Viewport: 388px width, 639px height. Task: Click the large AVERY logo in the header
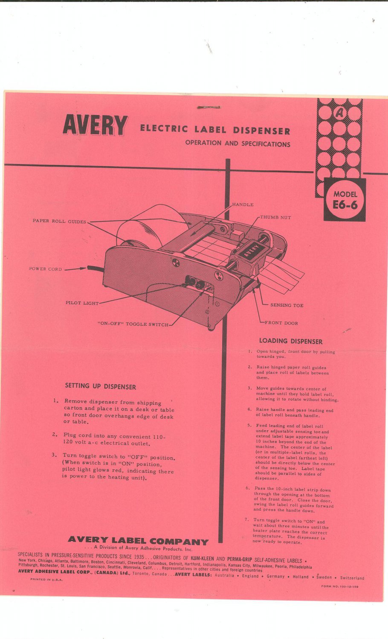pyautogui.click(x=95, y=125)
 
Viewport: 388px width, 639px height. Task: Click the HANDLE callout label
pyautogui.click(x=243, y=205)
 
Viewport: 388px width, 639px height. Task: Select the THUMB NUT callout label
pyautogui.click(x=275, y=218)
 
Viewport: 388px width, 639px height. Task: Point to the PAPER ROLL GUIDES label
pyautogui.click(x=59, y=222)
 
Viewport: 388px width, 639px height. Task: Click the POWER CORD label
pyautogui.click(x=46, y=269)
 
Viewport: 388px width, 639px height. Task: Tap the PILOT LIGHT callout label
pyautogui.click(x=82, y=303)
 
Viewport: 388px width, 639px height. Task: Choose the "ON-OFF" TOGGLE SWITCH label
pyautogui.click(x=133, y=325)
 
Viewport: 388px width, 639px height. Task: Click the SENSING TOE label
pyautogui.click(x=287, y=305)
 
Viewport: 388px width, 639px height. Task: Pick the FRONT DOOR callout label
pyautogui.click(x=281, y=323)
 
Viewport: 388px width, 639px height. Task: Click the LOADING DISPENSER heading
pyautogui.click(x=291, y=341)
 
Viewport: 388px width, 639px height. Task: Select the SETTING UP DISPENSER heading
pyautogui.click(x=101, y=387)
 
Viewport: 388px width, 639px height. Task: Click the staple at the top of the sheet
pyautogui.click(x=208, y=107)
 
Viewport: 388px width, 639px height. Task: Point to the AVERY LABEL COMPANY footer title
pyautogui.click(x=138, y=541)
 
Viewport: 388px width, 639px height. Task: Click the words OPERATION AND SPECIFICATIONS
pyautogui.click(x=237, y=144)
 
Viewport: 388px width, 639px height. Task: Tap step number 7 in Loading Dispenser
pyautogui.click(x=247, y=520)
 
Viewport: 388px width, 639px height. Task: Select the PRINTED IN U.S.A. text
pyautogui.click(x=46, y=580)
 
